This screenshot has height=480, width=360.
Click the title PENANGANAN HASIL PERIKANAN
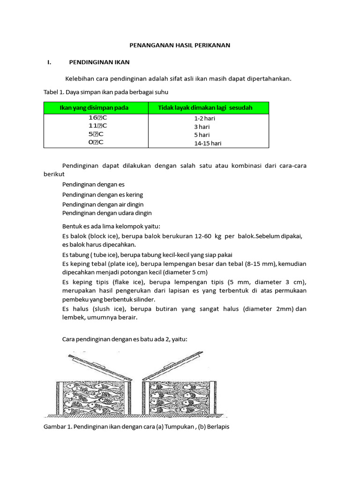180,45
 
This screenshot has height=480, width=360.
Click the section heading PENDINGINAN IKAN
99,62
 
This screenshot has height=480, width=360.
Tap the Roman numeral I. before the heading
48,62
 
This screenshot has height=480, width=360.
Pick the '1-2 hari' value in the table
204,119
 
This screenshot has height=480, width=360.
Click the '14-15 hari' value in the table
208,143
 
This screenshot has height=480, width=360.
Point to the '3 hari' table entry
202,127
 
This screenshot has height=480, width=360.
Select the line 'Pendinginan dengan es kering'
103,195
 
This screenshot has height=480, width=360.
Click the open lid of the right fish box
172,364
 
